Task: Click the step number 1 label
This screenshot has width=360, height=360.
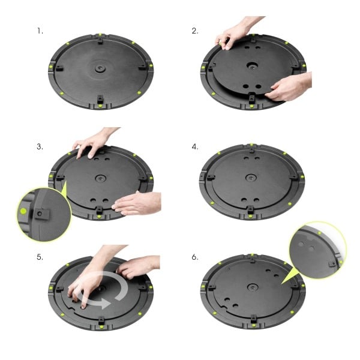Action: (x=40, y=30)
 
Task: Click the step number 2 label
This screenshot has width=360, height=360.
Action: (x=195, y=30)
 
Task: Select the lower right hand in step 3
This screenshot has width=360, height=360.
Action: (x=137, y=203)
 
